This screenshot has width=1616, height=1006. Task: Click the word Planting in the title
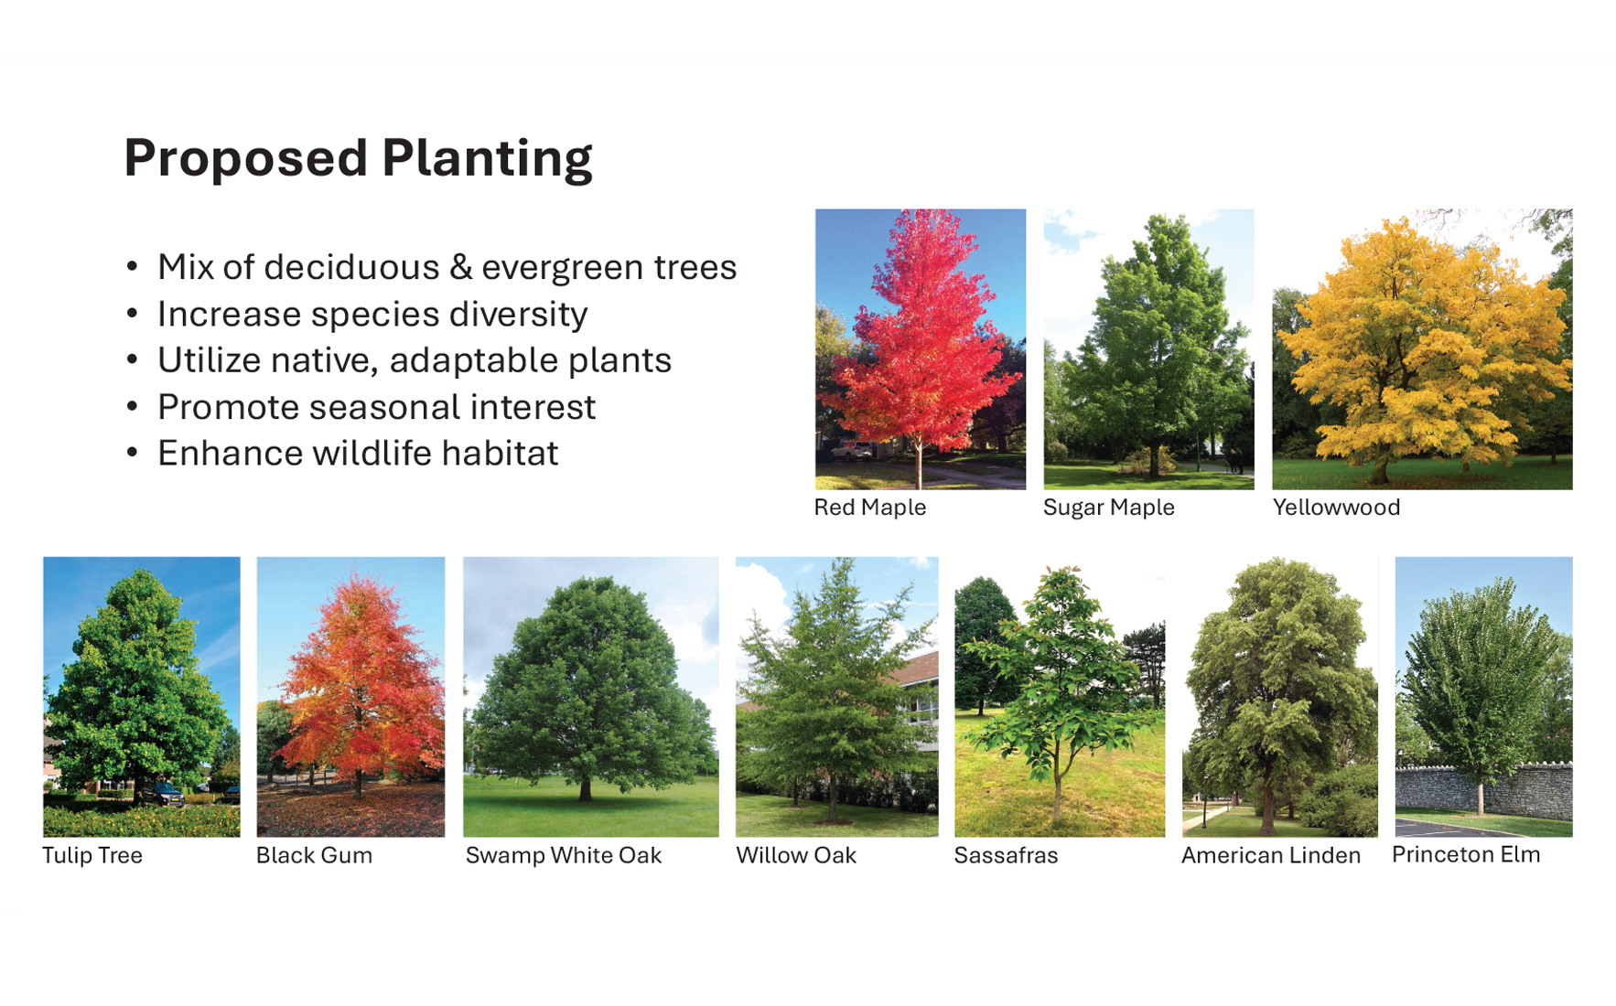click(x=487, y=159)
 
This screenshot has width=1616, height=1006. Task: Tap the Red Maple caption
click(x=870, y=508)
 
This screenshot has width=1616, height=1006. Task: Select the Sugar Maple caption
click(x=1108, y=508)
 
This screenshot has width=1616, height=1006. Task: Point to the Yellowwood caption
click(x=1336, y=508)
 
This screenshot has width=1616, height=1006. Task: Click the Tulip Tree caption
click(x=92, y=856)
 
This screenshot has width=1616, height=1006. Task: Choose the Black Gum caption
click(x=314, y=856)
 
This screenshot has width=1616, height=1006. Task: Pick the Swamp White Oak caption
click(x=564, y=856)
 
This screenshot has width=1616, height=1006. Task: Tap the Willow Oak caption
click(x=796, y=856)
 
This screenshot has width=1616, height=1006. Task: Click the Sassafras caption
click(x=1006, y=856)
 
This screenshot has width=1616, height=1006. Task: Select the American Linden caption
click(x=1271, y=856)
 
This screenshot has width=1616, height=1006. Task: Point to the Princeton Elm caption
click(x=1466, y=855)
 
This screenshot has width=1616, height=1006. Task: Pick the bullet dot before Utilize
click(x=133, y=359)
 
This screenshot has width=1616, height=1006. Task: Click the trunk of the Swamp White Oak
click(x=584, y=787)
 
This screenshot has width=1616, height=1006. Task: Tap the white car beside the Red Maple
click(x=851, y=450)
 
